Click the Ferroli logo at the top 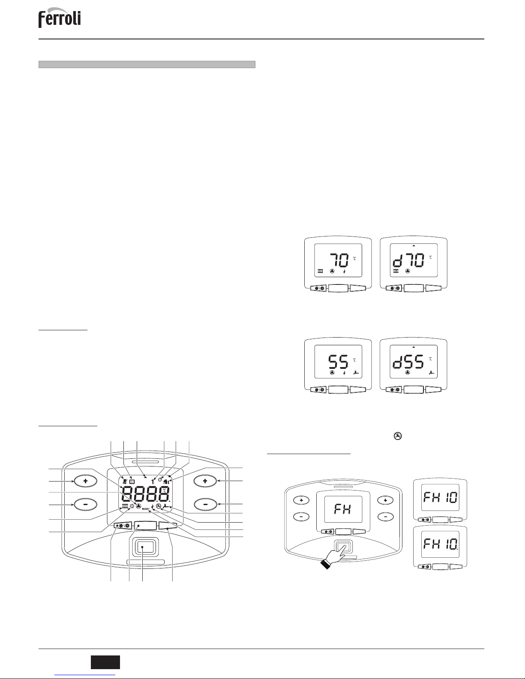60,20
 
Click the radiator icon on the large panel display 125,506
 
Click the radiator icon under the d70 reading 396,272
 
